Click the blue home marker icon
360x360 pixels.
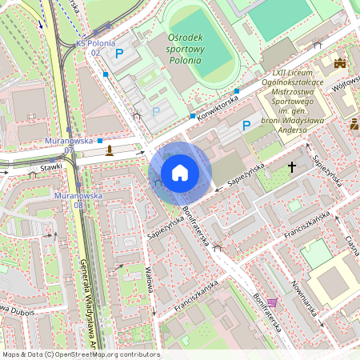coord(180,173)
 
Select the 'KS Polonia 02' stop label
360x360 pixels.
coord(96,47)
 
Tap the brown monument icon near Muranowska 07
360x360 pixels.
coord(110,150)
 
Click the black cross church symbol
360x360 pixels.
coord(292,167)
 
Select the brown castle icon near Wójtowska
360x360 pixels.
coord(339,62)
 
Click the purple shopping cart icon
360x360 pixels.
coord(272,303)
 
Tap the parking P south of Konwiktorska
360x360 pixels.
coord(246,125)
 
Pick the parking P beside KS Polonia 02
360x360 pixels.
coord(119,54)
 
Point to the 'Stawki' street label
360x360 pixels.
coord(51,169)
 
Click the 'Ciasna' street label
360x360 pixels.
coord(350,242)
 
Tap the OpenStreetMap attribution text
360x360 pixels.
coord(81,354)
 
